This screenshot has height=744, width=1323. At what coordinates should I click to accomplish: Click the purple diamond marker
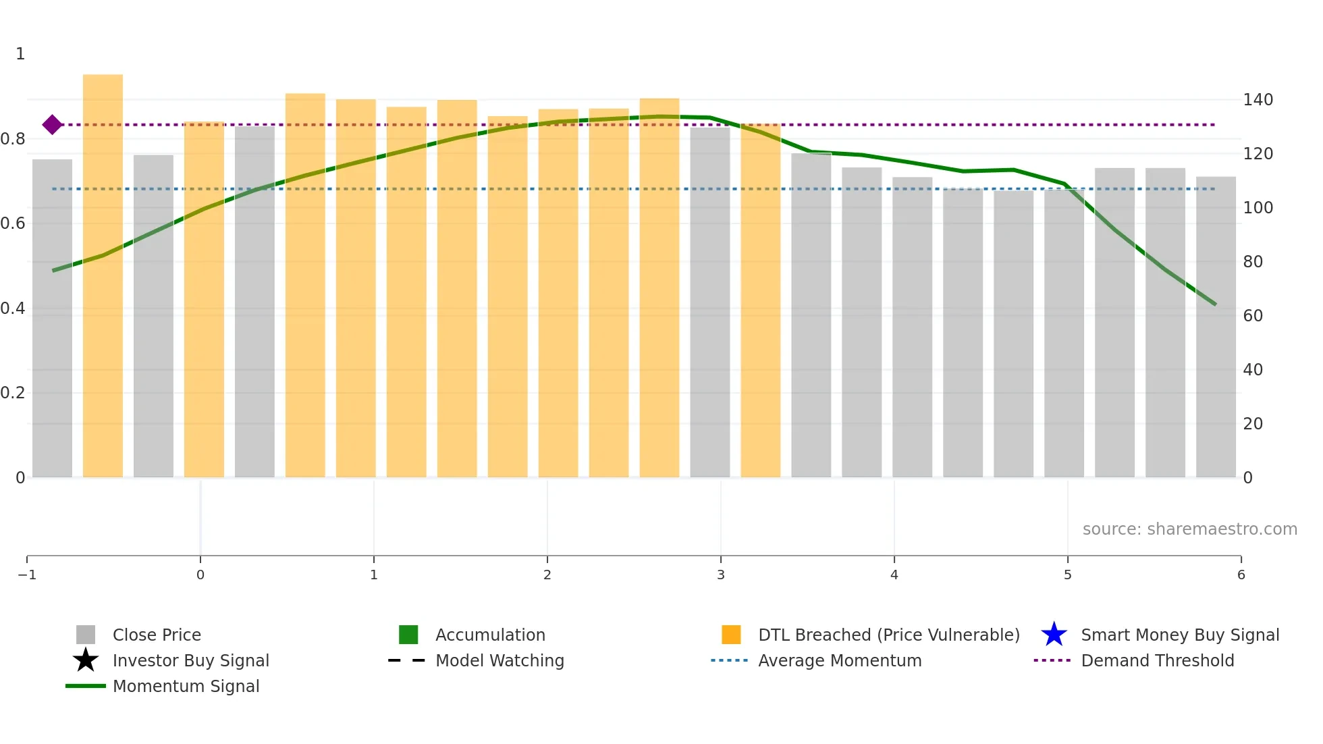[x=52, y=125]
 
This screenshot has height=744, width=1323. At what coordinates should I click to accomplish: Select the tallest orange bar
[x=103, y=277]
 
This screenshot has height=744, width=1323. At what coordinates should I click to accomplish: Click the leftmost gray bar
[x=52, y=317]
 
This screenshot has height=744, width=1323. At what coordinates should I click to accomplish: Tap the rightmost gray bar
[x=1216, y=327]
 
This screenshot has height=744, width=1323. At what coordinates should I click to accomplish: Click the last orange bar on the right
[x=760, y=300]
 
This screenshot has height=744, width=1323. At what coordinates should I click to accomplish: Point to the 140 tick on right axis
[x=1258, y=100]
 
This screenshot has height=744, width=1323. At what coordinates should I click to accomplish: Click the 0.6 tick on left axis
[x=13, y=223]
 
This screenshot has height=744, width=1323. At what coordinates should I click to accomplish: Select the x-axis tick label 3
[x=720, y=575]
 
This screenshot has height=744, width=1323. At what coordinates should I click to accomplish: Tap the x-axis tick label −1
[x=27, y=575]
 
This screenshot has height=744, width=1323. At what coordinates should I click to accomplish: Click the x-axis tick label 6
[x=1241, y=575]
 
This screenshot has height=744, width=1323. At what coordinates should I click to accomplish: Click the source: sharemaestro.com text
[x=1189, y=529]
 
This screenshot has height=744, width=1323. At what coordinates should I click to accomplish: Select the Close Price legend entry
[x=157, y=635]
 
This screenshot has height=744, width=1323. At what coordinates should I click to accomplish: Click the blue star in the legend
[x=1054, y=635]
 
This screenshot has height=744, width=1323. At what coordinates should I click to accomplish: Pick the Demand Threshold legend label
[x=1157, y=660]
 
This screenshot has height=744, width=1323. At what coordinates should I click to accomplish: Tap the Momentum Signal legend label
[x=186, y=686]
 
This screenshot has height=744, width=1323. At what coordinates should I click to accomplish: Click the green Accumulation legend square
[x=408, y=635]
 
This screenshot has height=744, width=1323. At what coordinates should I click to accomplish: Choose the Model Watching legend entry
[x=500, y=660]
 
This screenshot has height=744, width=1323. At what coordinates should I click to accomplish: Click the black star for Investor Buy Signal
[x=86, y=660]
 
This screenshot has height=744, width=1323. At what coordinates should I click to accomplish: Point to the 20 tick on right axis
[x=1252, y=424]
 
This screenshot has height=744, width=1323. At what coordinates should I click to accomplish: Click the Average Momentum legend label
[x=839, y=660]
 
